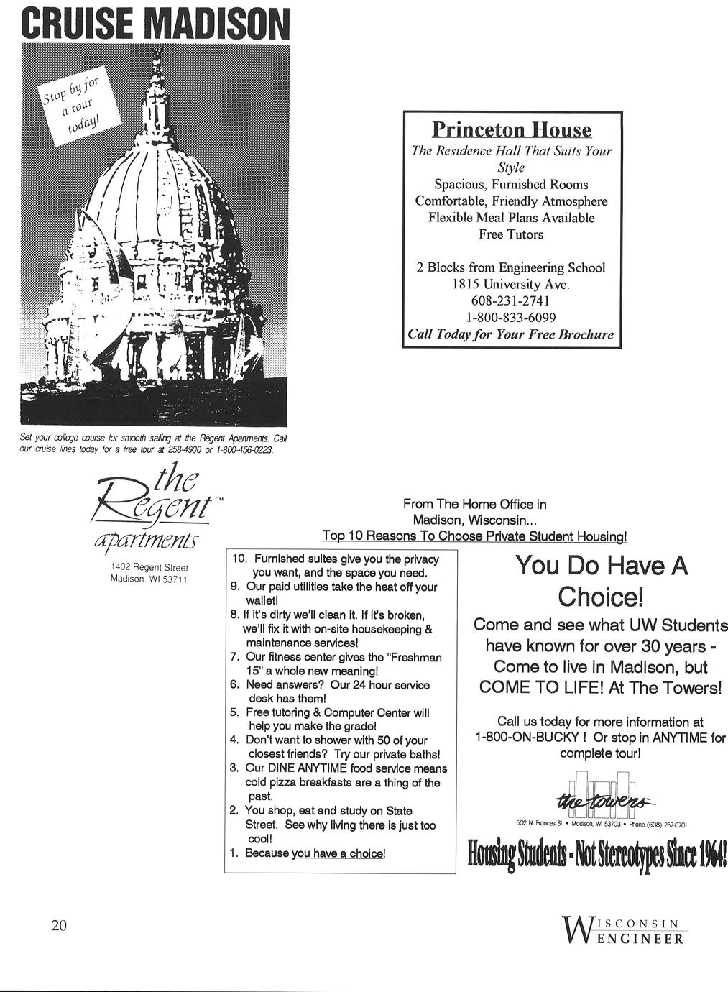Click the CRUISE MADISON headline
(155, 23)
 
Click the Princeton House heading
(511, 130)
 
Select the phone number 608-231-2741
(510, 300)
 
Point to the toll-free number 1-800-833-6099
(510, 317)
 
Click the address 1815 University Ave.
(510, 284)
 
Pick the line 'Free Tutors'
(510, 234)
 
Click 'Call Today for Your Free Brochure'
(510, 334)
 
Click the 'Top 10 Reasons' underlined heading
(474, 536)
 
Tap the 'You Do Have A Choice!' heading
(601, 581)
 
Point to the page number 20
(59, 925)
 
